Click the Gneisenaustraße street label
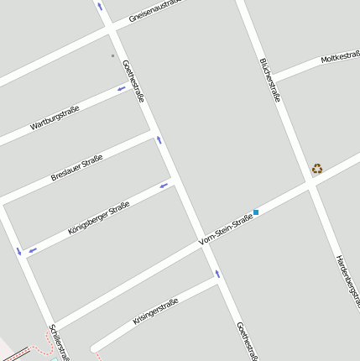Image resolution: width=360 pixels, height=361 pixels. (154, 11)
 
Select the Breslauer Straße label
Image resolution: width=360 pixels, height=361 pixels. (76, 166)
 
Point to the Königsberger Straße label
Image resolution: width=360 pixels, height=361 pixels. (98, 217)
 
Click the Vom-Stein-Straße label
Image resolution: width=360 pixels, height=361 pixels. (226, 229)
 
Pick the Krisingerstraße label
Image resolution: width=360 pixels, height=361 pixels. (155, 311)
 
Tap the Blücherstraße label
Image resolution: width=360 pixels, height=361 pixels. (269, 80)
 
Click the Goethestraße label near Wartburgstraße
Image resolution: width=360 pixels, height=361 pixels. (133, 81)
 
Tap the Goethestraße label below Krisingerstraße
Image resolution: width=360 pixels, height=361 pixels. (245, 340)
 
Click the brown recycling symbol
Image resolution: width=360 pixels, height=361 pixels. (317, 168)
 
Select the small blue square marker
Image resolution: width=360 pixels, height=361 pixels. (256, 212)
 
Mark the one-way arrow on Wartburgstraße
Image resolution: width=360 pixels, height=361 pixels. (121, 89)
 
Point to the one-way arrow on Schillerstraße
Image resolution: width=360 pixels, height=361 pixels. (18, 250)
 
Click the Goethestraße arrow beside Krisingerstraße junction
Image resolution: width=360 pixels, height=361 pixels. (217, 273)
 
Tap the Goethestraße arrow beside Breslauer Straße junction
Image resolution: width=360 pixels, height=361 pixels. (159, 139)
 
